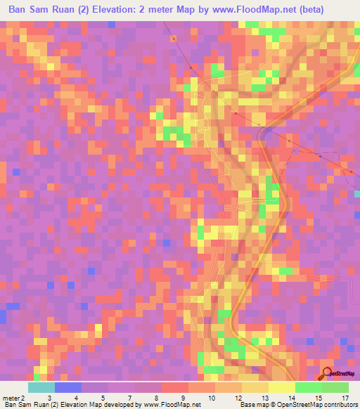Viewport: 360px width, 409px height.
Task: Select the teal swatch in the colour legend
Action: pyautogui.click(x=41, y=387)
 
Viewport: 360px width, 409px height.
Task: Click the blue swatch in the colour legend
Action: pyautogui.click(x=68, y=387)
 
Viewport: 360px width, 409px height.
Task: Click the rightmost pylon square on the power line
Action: pyautogui.click(x=351, y=171)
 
